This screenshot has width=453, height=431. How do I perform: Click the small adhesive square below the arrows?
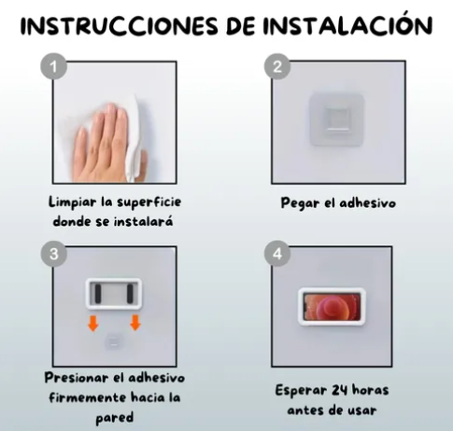tap(114, 341)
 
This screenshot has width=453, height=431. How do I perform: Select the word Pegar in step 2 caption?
tap(300, 202)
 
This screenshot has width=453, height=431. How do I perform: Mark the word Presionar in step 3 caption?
tap(78, 379)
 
